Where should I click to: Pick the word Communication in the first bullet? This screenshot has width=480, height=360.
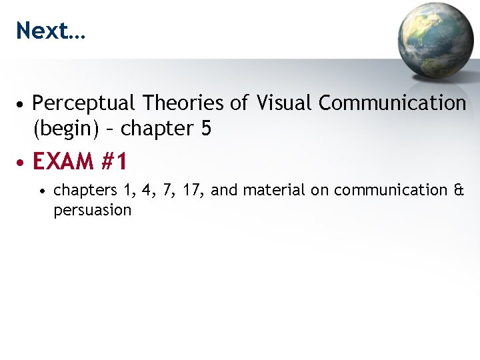pos(392,103)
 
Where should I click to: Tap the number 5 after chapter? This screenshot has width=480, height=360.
pos(205,128)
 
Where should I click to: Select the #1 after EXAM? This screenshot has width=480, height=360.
pos(112,161)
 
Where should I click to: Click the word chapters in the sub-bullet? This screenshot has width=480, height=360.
pos(80,191)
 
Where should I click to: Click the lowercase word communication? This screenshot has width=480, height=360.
pos(391,190)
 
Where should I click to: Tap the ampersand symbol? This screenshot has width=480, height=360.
pos(458,190)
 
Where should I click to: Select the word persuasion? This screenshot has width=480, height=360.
pos(92,210)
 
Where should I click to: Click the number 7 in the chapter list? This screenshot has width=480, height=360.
pos(165,190)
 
